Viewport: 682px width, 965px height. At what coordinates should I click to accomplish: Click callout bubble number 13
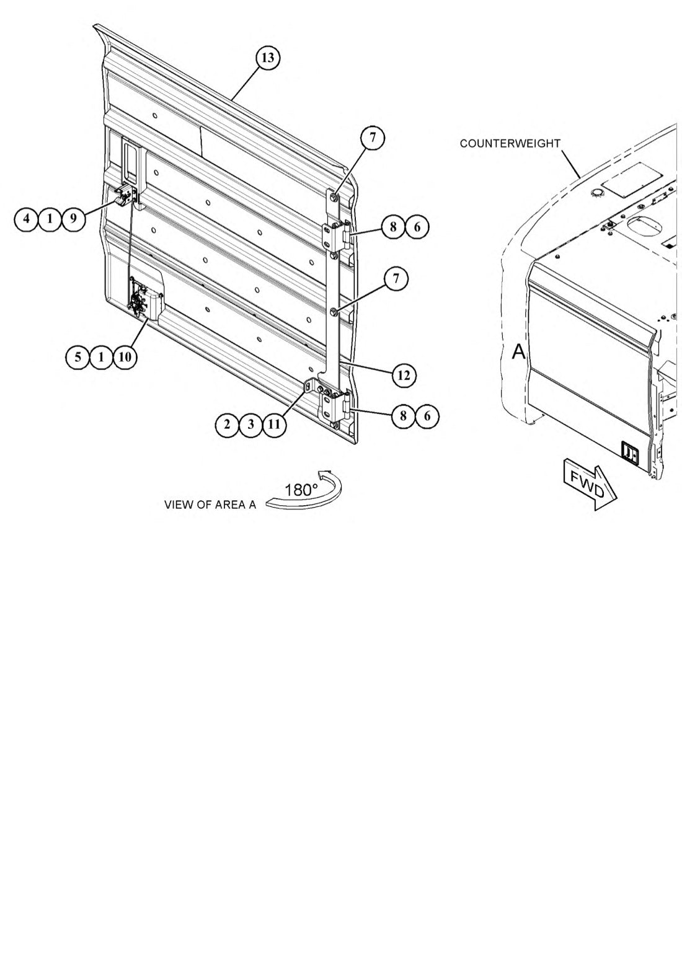point(268,58)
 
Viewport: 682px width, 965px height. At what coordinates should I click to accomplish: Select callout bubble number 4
point(26,219)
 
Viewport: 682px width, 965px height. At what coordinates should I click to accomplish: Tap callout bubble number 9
point(73,219)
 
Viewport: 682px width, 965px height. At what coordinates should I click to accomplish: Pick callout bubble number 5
point(78,357)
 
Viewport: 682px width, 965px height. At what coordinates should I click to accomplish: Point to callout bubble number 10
point(125,357)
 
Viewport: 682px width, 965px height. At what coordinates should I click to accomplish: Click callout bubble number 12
point(404,375)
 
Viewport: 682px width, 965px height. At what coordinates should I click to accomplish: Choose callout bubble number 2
point(228,425)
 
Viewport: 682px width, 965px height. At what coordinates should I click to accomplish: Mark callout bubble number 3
point(251,425)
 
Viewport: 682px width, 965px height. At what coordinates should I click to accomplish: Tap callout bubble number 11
point(275,425)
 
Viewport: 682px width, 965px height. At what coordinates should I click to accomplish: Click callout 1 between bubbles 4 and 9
point(50,219)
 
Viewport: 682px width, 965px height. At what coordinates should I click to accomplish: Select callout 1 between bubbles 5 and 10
point(102,357)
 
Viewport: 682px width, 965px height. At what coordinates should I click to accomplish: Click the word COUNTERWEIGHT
point(510,143)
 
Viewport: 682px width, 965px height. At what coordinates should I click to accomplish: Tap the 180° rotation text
point(301,490)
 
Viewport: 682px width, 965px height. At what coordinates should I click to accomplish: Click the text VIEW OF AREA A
point(210,505)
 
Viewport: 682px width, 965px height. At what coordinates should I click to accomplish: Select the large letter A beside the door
point(519,352)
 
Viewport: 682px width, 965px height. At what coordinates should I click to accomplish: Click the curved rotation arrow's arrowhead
point(324,474)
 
